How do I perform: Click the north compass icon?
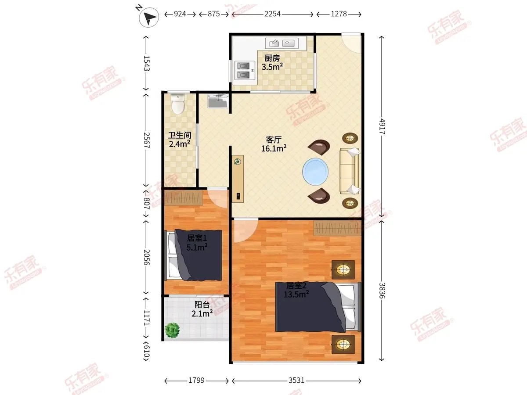click(149, 17)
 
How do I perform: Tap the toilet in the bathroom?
click(178, 104)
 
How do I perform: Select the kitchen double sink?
click(282, 43)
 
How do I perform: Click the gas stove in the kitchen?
click(243, 70)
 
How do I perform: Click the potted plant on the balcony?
click(172, 330)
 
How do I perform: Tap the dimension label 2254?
click(273, 14)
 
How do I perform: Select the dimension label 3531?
click(296, 381)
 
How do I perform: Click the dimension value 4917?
click(382, 126)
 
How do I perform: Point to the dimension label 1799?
click(196, 381)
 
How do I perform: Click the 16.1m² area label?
click(274, 149)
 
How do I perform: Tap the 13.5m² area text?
click(296, 294)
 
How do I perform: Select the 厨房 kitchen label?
click(272, 58)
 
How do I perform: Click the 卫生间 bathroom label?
click(180, 135)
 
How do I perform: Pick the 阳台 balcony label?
click(202, 305)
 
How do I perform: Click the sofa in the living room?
click(349, 171)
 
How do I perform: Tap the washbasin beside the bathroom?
click(218, 101)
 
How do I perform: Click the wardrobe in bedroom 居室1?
click(184, 198)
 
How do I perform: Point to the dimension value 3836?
click(382, 291)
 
